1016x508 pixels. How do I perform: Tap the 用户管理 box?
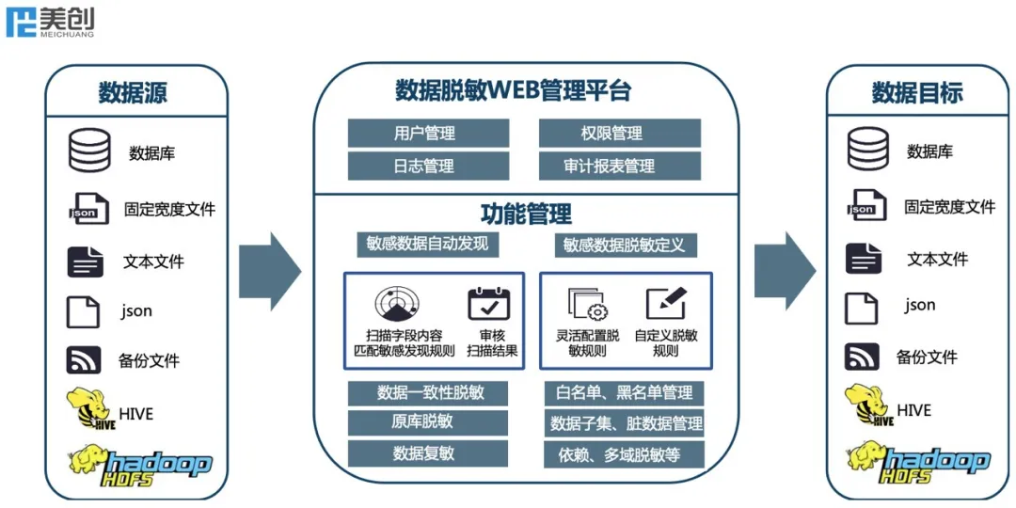(x=428, y=133)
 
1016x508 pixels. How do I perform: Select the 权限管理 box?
(x=619, y=133)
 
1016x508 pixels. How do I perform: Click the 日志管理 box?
(x=428, y=167)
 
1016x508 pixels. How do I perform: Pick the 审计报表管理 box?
(x=619, y=167)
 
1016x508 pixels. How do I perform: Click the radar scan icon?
(x=397, y=303)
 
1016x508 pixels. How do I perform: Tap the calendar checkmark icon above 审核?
(x=488, y=304)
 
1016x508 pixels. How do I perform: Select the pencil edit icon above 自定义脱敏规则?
(x=665, y=304)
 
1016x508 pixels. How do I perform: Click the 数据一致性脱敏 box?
(x=428, y=392)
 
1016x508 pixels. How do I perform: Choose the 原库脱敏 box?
(x=428, y=422)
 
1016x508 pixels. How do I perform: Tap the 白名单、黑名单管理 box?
(x=624, y=392)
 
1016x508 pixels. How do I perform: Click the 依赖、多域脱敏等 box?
(x=624, y=455)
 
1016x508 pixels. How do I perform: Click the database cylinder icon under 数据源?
(x=89, y=151)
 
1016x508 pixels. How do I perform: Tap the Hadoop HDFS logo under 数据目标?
(x=918, y=461)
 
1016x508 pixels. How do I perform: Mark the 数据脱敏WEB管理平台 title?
(x=513, y=91)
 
